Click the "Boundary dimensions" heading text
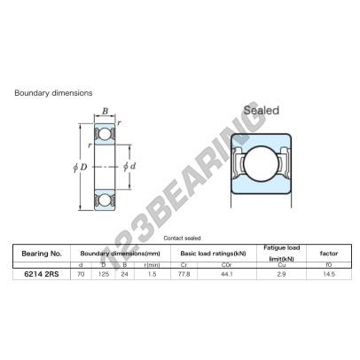(53, 93)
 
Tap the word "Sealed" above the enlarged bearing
(262, 110)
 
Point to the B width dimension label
(105, 111)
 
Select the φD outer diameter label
(80, 168)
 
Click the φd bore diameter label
(129, 167)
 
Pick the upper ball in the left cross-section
(105, 134)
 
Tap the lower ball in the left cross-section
(105, 200)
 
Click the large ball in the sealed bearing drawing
(261, 164)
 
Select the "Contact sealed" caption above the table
(182, 239)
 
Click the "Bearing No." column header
(42, 254)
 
